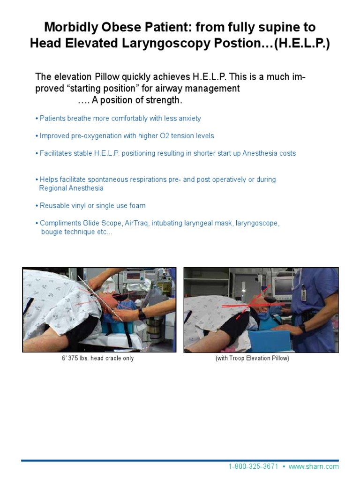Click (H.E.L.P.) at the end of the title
point(303,44)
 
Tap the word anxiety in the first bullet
point(187,119)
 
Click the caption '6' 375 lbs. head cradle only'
point(97,358)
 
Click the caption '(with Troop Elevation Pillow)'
point(252,358)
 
